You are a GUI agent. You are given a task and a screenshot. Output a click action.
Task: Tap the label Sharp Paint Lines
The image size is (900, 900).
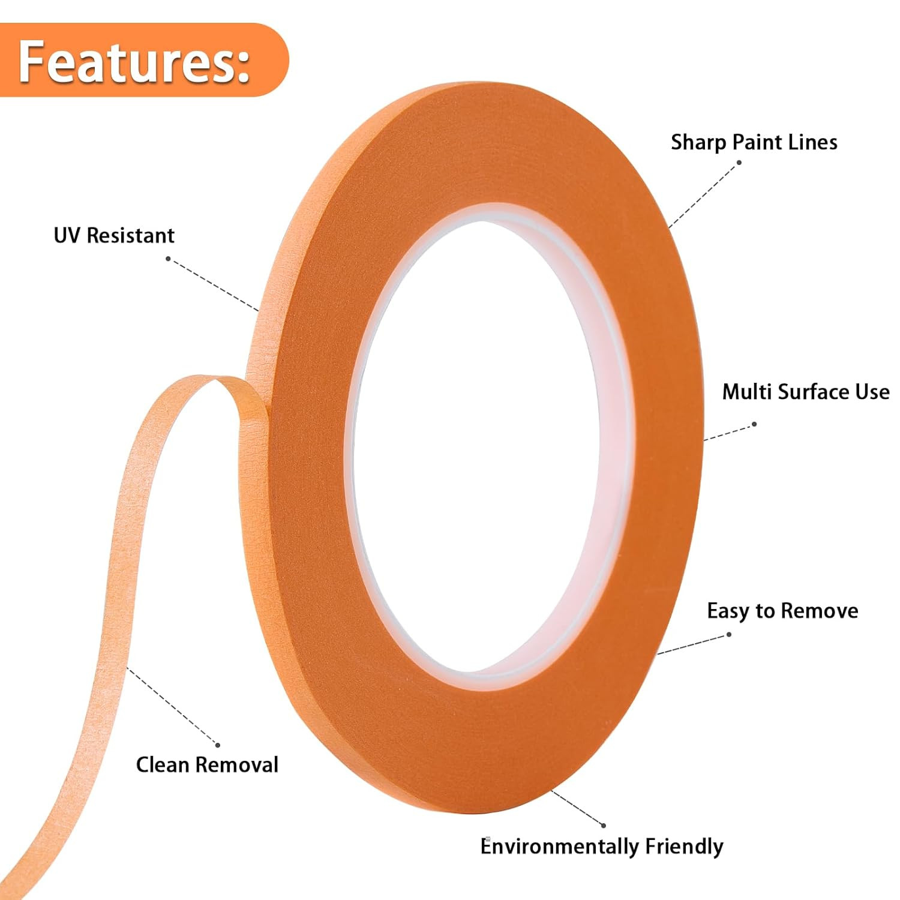coord(754,142)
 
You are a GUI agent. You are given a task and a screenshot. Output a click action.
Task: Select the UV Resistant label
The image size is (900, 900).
coord(114,235)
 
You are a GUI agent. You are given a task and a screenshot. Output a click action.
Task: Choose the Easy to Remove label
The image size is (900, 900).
coord(782,611)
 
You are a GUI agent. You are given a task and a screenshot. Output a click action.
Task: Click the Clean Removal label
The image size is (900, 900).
coord(207,764)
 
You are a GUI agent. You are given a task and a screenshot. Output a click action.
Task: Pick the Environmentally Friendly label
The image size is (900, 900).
coord(602,846)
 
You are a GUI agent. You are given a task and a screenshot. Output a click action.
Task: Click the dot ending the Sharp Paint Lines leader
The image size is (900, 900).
coord(739,163)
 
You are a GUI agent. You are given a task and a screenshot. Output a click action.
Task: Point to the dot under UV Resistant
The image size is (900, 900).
coord(169,259)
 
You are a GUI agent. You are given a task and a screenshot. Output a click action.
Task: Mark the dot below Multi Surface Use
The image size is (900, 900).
coord(754,424)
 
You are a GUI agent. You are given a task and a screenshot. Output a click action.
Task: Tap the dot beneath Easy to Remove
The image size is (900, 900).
coord(728,634)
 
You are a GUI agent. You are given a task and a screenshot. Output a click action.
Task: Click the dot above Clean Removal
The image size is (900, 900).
coord(217,745)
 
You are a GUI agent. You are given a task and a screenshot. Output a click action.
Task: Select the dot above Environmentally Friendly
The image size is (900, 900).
coord(603,826)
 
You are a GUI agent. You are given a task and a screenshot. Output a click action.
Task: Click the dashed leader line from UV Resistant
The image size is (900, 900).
coord(213,285)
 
